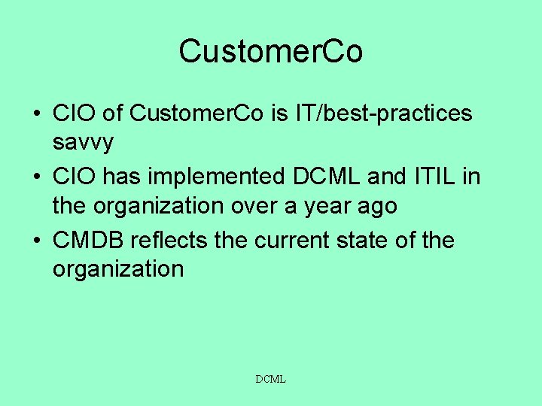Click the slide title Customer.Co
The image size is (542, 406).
click(271, 52)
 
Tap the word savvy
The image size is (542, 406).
click(83, 141)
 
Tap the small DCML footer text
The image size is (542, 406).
click(271, 380)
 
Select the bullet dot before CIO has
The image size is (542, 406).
click(35, 178)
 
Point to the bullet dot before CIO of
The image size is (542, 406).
click(35, 114)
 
